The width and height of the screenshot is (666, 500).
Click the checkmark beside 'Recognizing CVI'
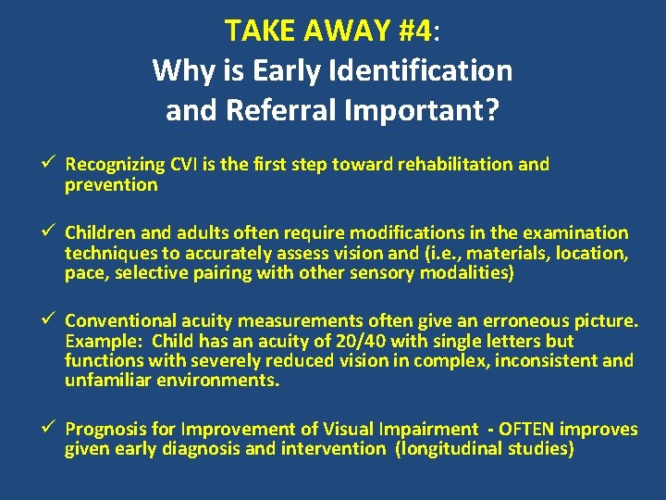pyautogui.click(x=52, y=164)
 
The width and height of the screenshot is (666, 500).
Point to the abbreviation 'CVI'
pyautogui.click(x=187, y=165)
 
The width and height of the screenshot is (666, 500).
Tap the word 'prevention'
pyautogui.click(x=111, y=184)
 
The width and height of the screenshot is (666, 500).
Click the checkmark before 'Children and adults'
pyautogui.click(x=52, y=232)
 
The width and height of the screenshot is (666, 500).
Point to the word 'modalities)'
pyautogui.click(x=468, y=273)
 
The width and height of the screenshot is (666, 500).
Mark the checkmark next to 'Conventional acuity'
pyautogui.click(x=52, y=321)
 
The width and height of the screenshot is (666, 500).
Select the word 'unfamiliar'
pyautogui.click(x=108, y=381)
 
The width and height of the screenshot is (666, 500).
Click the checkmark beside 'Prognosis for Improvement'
pyautogui.click(x=52, y=429)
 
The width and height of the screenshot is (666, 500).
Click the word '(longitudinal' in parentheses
pyautogui.click(x=450, y=449)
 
